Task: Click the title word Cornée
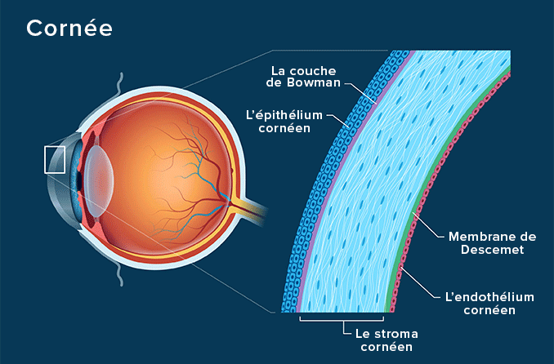(x=69, y=28)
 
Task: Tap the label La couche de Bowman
(x=303, y=77)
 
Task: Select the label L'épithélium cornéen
(x=284, y=122)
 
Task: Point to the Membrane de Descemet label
(x=492, y=243)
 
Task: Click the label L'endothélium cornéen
(x=489, y=304)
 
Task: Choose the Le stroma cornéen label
(x=386, y=340)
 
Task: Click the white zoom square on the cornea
(x=55, y=160)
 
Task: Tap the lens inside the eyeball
(x=100, y=180)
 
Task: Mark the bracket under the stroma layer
(x=342, y=319)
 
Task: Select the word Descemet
(x=492, y=250)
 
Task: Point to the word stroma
(x=396, y=334)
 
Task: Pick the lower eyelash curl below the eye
(x=120, y=274)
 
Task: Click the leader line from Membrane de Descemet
(x=428, y=225)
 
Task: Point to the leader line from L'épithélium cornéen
(x=338, y=120)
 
